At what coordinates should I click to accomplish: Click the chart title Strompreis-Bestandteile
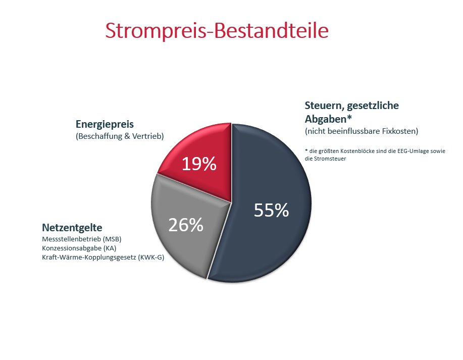[x=217, y=31]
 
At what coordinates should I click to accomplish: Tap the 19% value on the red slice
[x=198, y=164]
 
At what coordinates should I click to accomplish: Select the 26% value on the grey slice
[x=185, y=225]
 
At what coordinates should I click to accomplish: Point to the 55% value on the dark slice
[x=271, y=211]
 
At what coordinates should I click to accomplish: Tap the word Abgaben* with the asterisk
[x=328, y=119]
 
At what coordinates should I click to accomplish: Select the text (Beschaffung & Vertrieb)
[x=120, y=136]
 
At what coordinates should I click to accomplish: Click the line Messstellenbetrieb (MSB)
[x=81, y=239]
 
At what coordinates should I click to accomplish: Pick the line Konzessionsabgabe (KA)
[x=79, y=248]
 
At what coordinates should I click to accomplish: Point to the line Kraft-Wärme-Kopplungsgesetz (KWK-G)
[x=103, y=257]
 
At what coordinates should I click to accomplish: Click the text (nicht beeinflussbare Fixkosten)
[x=361, y=131]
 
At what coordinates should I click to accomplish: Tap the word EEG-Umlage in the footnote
[x=406, y=150]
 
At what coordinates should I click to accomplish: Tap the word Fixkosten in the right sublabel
[x=401, y=131]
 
